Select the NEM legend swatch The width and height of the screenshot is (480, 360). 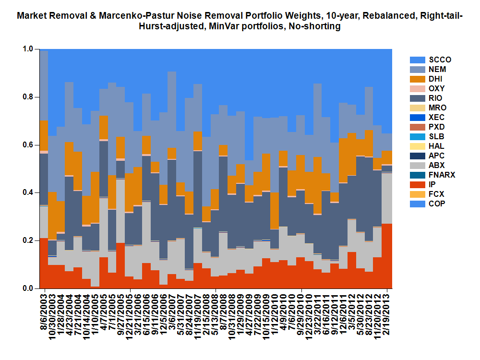coord(418,70)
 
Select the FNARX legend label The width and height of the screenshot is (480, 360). coord(440,175)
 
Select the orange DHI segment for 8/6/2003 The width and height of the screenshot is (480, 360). coord(44,136)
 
